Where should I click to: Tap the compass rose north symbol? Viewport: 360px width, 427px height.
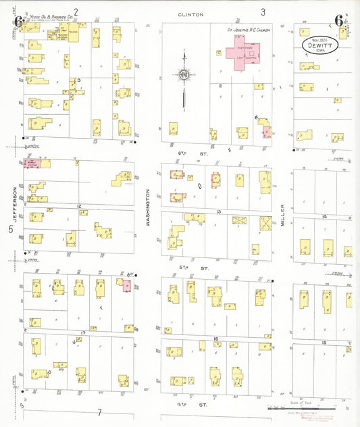pyautogui.click(x=184, y=74)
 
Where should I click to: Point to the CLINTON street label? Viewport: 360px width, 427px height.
pyautogui.click(x=190, y=14)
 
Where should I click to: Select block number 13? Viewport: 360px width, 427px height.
pyautogui.click(x=218, y=211)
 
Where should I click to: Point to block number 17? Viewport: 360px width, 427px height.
pyautogui.click(x=82, y=333)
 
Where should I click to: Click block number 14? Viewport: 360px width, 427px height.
pyautogui.click(x=324, y=216)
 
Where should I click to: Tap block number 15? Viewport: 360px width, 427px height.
pyautogui.click(x=324, y=343)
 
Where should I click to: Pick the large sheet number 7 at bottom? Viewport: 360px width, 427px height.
pyautogui.click(x=99, y=412)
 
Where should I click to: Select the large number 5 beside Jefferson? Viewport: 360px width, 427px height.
pyautogui.click(x=10, y=229)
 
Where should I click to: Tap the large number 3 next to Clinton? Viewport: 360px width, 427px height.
pyautogui.click(x=263, y=11)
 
